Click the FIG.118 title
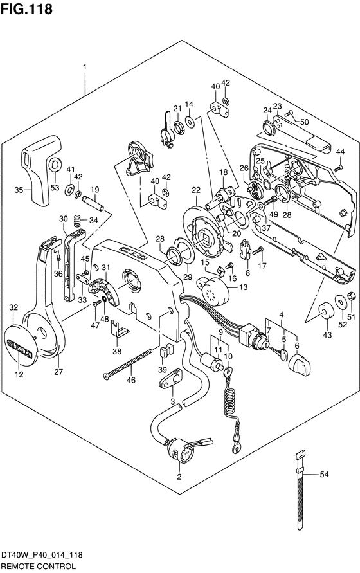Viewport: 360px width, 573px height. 26,8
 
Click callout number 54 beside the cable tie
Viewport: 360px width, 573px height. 324,475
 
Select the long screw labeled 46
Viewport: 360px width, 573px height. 127,363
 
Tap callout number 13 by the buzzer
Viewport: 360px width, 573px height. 243,287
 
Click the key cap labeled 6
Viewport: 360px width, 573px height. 300,365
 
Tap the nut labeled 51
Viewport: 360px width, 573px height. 350,296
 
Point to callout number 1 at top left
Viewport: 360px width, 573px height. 85,68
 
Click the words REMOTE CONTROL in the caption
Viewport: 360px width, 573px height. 39,567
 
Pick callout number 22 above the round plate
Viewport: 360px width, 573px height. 196,190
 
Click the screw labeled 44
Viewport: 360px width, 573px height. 338,168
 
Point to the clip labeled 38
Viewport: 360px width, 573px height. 118,329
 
